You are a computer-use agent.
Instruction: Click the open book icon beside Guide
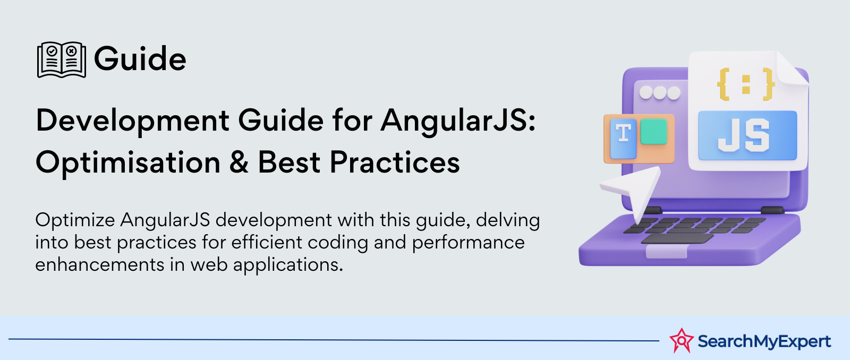tap(62, 59)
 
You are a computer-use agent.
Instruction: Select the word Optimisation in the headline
tap(128, 162)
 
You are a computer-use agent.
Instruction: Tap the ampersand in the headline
tap(239, 162)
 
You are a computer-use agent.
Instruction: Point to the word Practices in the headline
tap(395, 162)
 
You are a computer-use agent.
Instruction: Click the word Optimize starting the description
tap(75, 220)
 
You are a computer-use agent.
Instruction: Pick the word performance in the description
tap(468, 243)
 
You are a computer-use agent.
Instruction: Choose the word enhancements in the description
tap(99, 264)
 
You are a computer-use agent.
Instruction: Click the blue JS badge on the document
tap(747, 135)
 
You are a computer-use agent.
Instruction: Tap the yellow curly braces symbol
tap(746, 84)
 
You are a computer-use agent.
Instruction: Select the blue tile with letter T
tap(623, 139)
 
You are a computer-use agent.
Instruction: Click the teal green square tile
tap(653, 131)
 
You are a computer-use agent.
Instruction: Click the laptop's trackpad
tap(667, 251)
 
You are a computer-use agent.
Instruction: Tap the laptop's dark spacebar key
tap(677, 238)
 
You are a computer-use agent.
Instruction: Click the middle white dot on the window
tap(660, 92)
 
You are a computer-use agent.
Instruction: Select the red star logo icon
tap(682, 340)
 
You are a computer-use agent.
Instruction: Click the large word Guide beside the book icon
tap(140, 59)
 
